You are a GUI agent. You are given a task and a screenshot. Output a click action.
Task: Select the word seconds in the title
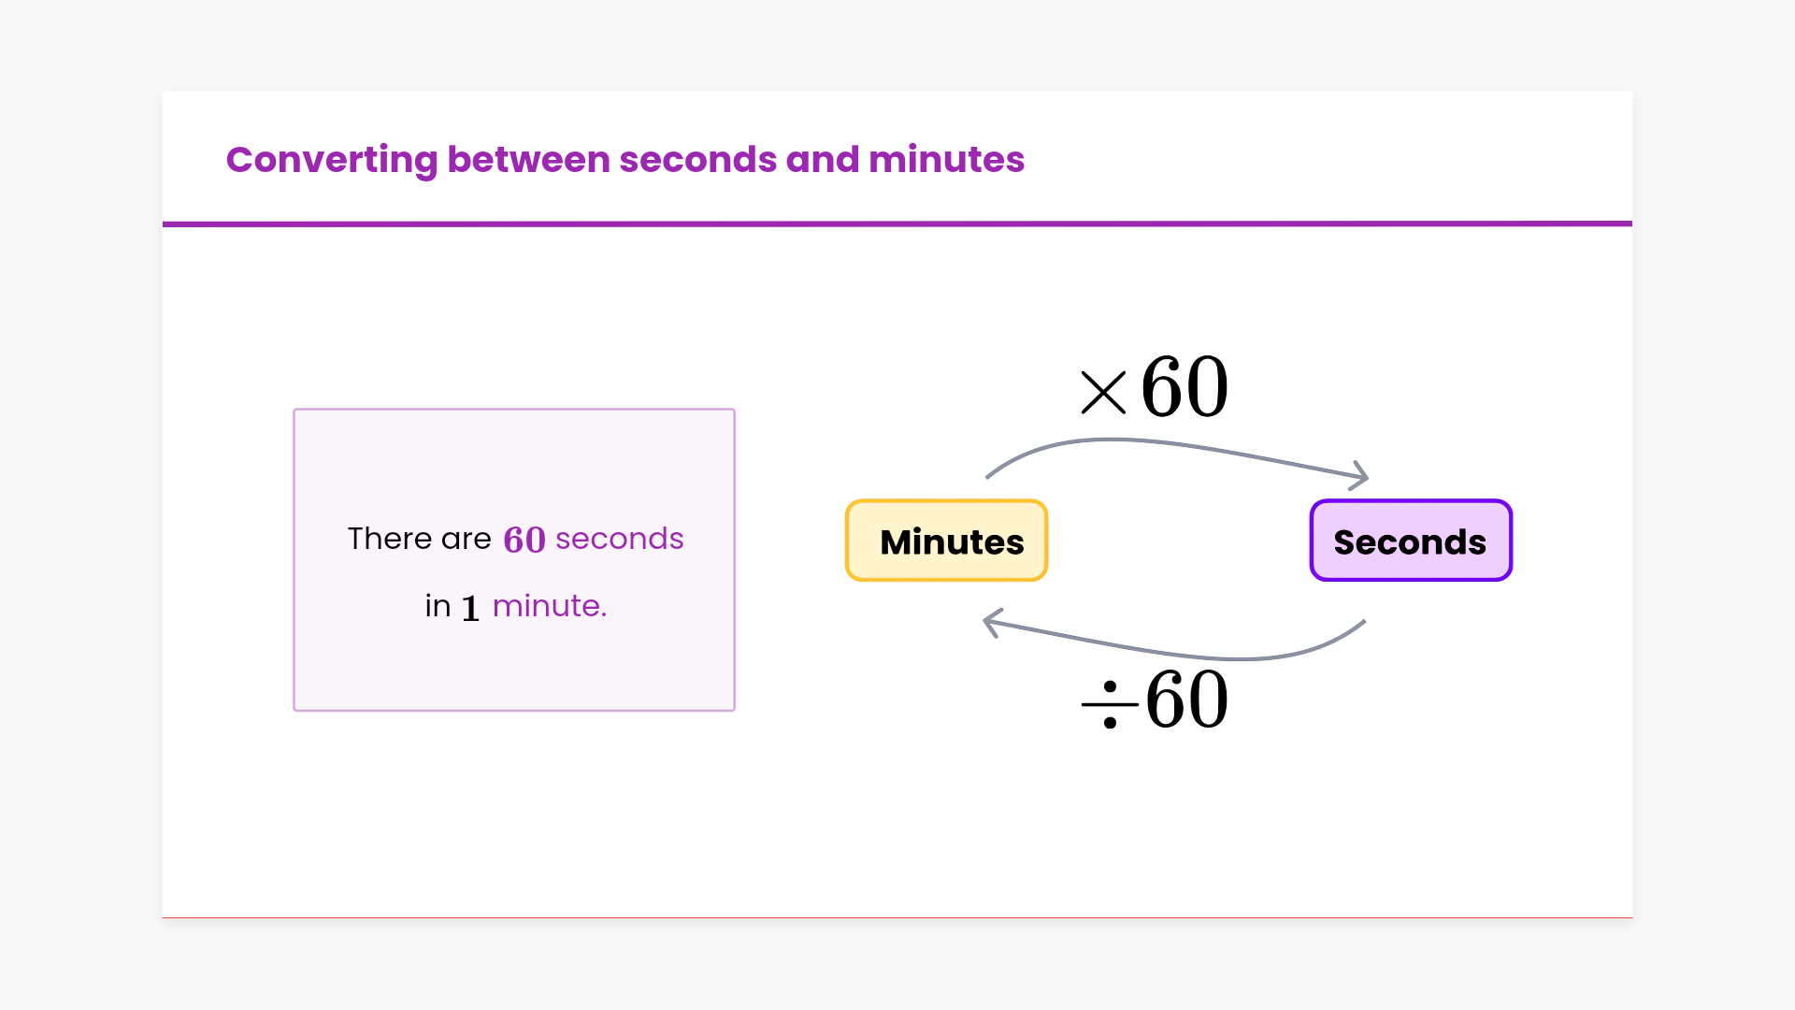point(697,159)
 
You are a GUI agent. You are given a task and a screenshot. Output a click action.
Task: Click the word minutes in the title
point(946,159)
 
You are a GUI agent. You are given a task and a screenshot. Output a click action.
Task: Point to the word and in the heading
point(823,159)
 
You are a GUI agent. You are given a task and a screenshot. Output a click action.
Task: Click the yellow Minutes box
point(946,541)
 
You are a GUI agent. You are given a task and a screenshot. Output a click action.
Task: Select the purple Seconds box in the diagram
point(1411,541)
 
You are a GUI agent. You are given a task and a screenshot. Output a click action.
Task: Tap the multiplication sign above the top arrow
point(1103,393)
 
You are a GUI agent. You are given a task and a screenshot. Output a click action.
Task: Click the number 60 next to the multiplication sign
point(1185,386)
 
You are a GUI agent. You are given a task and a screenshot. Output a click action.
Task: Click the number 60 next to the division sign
point(1186,700)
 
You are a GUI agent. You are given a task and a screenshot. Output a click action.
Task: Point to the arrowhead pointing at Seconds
point(1359,476)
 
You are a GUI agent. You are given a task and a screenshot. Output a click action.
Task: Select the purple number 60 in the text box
point(524,540)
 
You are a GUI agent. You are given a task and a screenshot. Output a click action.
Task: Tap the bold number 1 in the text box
point(470,609)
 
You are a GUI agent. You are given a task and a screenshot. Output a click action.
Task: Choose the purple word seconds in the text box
point(620,539)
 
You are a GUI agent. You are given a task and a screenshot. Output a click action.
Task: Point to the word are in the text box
point(467,540)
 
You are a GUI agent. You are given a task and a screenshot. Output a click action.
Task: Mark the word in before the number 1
point(438,606)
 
